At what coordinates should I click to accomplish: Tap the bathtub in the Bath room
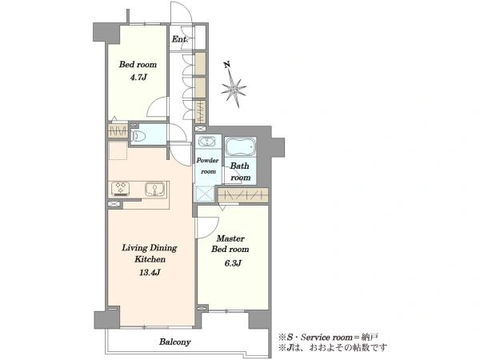coord(240,147)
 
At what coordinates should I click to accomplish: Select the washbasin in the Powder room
coord(208,142)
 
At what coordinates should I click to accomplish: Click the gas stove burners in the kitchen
coord(120,188)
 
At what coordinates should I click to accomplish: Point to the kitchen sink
coord(154,189)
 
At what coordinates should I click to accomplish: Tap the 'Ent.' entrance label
coord(179,39)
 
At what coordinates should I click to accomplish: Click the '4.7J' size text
coord(138,78)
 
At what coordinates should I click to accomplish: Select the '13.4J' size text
coord(150,272)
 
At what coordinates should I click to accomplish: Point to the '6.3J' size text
coord(233,263)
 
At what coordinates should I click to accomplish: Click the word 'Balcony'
coord(174,342)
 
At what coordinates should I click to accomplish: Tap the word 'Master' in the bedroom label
coord(230,238)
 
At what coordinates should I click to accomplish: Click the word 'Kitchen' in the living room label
coord(150,259)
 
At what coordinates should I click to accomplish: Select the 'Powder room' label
coord(208,166)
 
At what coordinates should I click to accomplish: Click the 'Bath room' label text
coord(240,172)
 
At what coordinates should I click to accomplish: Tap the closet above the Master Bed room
coord(243,195)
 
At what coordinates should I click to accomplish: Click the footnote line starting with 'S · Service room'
coord(328,338)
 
